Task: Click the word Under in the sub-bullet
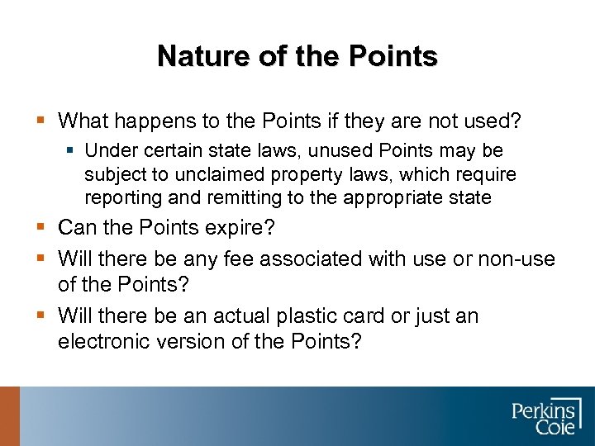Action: (108, 151)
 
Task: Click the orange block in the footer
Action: (9, 416)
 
